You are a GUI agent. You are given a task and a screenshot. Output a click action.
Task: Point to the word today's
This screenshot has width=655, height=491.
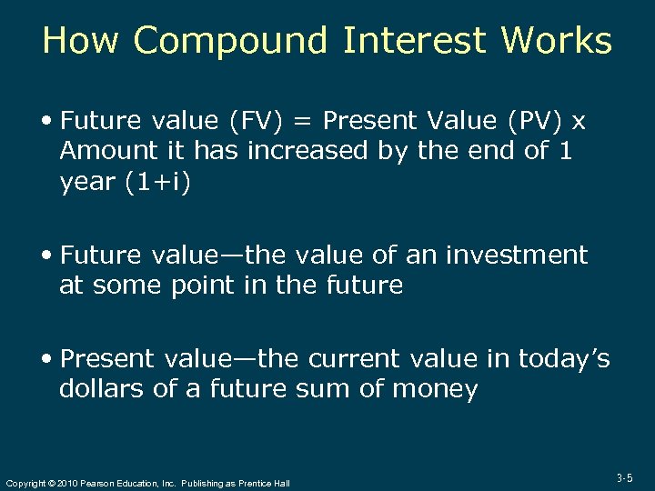564,359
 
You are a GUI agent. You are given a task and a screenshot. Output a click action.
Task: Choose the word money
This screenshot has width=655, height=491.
435,389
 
